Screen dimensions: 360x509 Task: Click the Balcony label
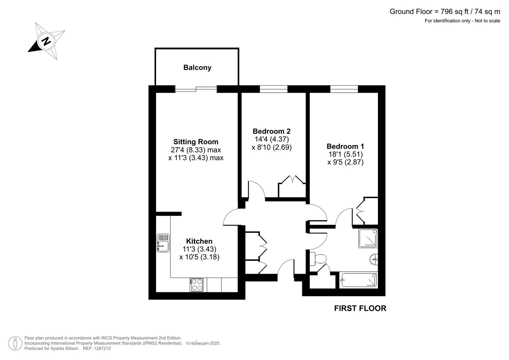(x=197, y=68)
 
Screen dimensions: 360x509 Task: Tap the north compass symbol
(x=46, y=41)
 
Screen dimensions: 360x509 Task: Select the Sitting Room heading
(x=196, y=142)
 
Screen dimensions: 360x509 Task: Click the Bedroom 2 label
(x=271, y=131)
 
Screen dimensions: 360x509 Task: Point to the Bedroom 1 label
(x=345, y=146)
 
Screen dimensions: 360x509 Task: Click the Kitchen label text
(x=199, y=241)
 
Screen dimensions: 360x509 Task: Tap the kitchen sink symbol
(x=163, y=243)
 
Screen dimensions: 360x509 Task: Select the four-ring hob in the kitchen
(x=196, y=285)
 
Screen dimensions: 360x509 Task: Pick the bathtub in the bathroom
(x=359, y=280)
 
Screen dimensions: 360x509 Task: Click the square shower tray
(x=368, y=238)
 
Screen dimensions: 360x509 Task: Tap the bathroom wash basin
(x=374, y=259)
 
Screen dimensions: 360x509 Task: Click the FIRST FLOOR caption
(x=360, y=308)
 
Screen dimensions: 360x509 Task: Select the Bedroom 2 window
(x=273, y=89)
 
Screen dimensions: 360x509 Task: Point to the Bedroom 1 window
(x=344, y=89)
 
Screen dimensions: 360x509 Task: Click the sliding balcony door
(x=196, y=89)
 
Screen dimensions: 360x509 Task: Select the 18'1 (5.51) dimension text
(x=345, y=154)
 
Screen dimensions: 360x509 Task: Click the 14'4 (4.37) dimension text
(x=271, y=139)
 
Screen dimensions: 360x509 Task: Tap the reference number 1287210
(x=102, y=348)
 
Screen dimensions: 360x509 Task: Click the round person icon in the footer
(x=15, y=343)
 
